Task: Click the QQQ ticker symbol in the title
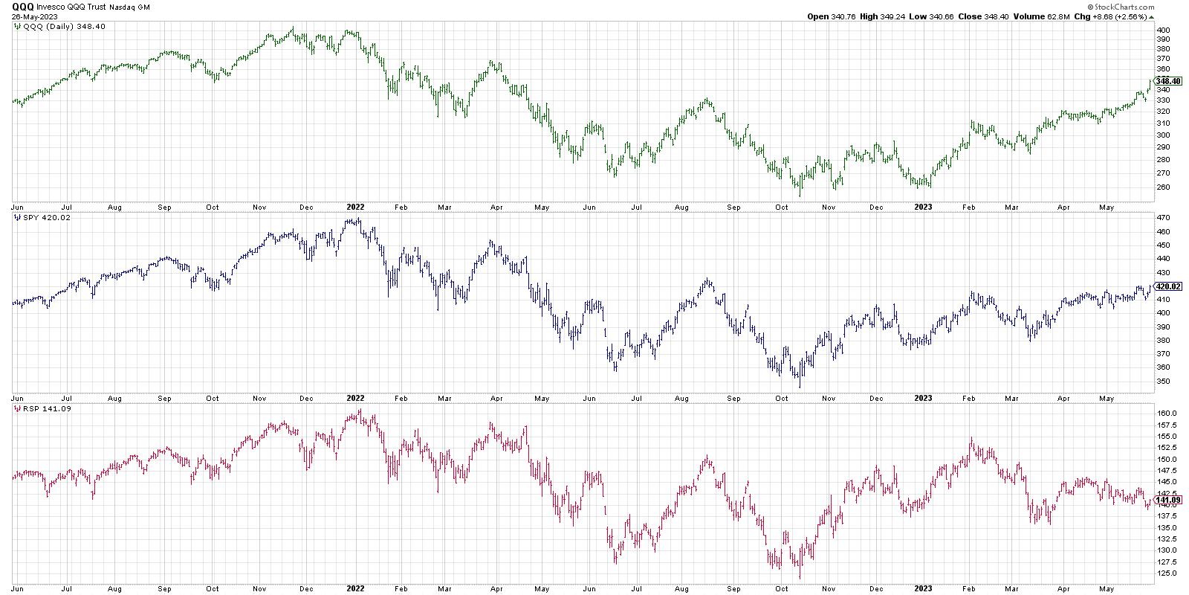coord(22,6)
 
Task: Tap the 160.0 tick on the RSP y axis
coord(1164,414)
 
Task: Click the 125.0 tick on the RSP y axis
coord(1164,573)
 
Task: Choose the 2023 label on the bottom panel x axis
coord(922,588)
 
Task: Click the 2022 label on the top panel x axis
coord(354,207)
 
